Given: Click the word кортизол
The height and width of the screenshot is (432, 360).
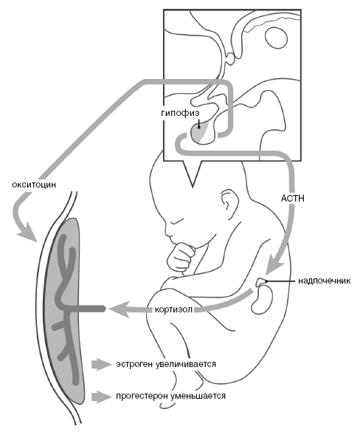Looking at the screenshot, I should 174,309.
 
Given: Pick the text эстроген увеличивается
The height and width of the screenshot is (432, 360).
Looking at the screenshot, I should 165,364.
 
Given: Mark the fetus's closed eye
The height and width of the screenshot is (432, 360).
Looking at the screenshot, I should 177,221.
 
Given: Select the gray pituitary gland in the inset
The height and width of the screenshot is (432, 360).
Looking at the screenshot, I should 200,133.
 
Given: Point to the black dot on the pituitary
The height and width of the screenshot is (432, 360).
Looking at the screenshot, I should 198,126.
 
